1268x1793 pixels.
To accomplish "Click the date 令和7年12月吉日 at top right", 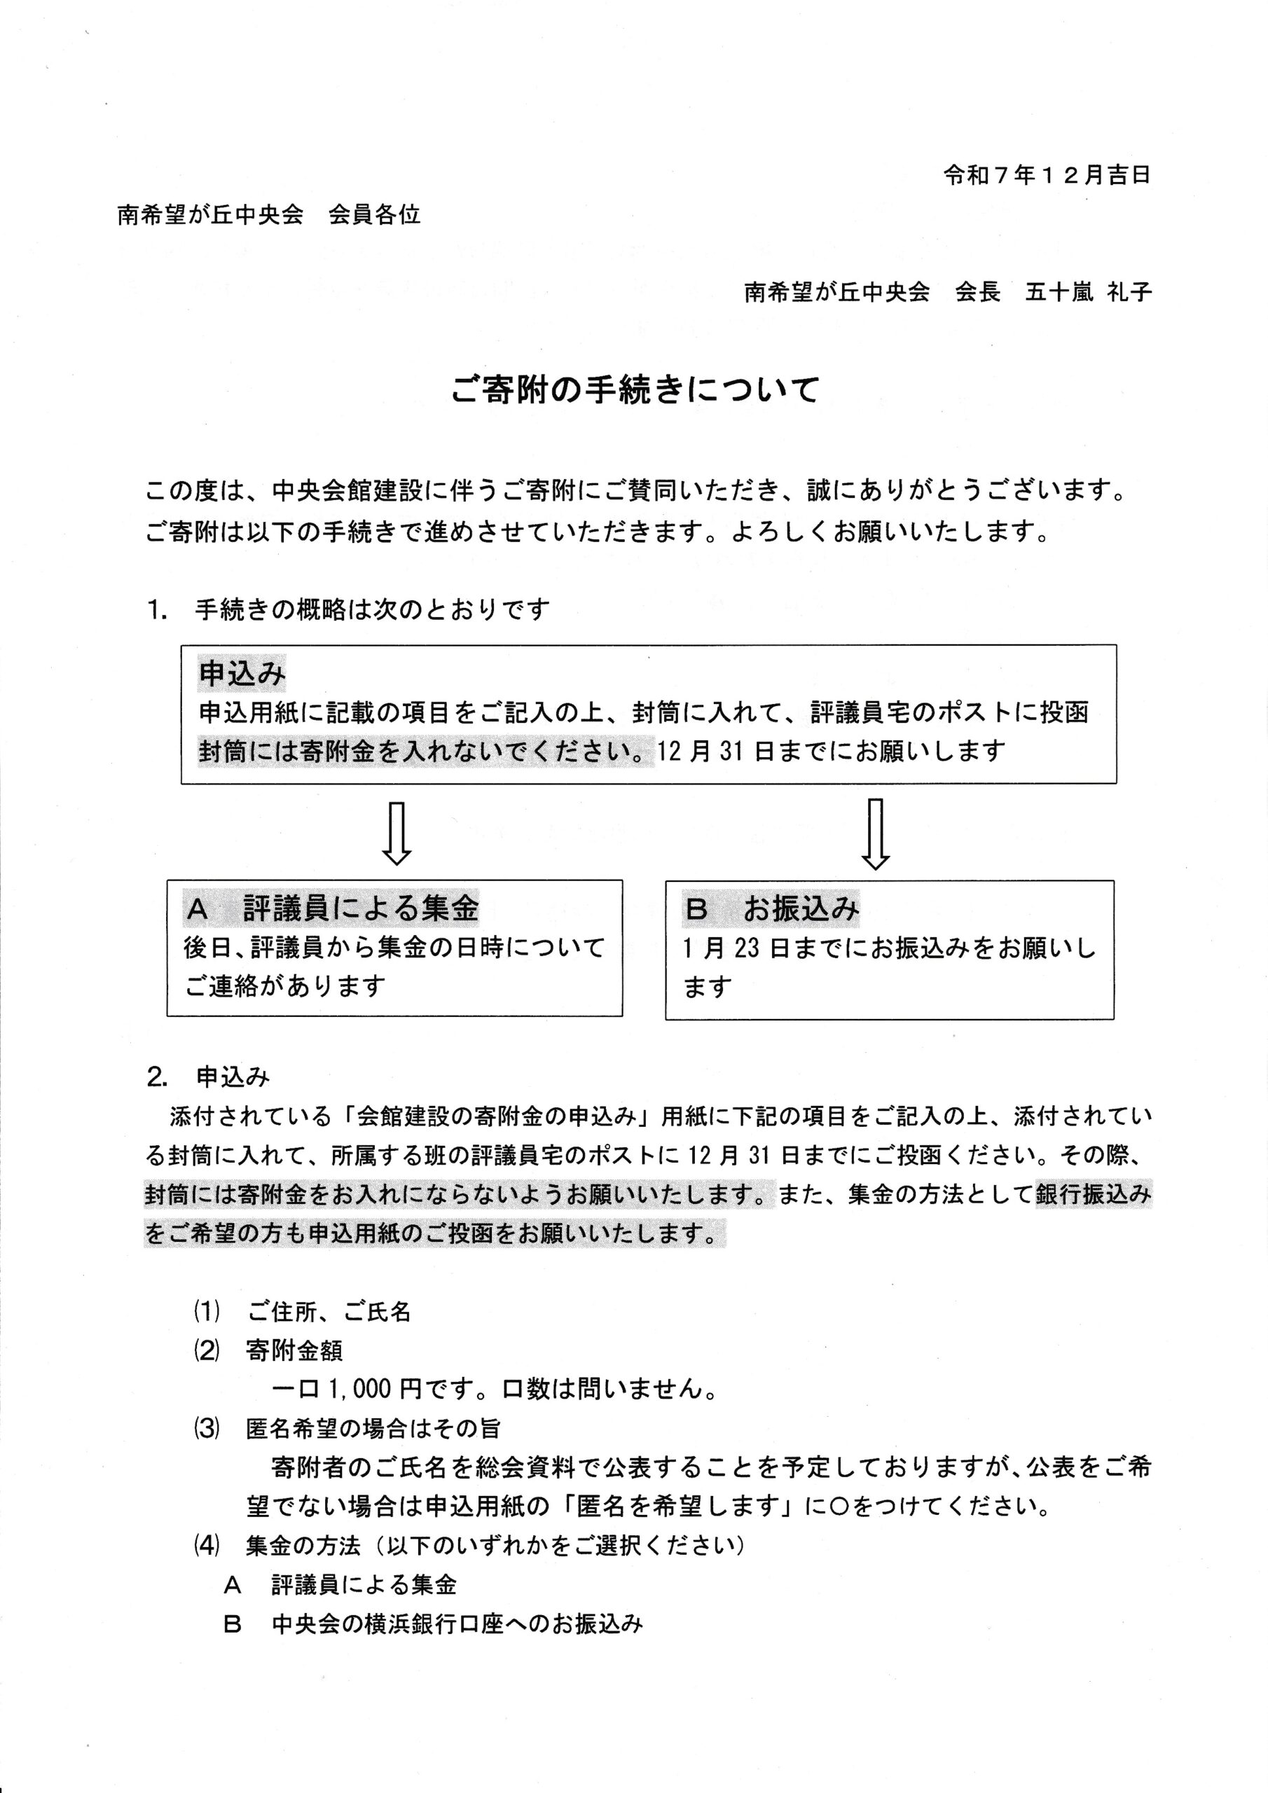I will click(x=1046, y=176).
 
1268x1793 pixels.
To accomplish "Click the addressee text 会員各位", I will click(x=374, y=215).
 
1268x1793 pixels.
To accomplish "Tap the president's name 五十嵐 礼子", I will click(x=1088, y=293).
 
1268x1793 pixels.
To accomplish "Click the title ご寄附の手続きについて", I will click(x=635, y=390).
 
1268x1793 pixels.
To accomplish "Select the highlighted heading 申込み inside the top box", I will click(x=242, y=674).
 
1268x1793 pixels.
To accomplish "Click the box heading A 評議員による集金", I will click(x=332, y=908).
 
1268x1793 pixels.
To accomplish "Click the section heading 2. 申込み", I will click(x=209, y=1078).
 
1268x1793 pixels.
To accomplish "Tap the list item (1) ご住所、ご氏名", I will click(x=303, y=1312).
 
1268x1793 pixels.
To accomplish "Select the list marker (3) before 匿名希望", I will click(x=206, y=1428).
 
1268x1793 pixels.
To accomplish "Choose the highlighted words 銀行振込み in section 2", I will click(x=1093, y=1195).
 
